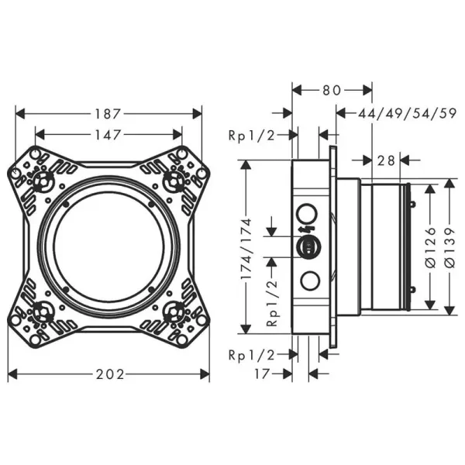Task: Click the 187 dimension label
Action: click(109, 113)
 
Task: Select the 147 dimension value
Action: click(109, 135)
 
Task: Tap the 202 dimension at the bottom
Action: click(109, 374)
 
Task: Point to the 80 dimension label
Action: click(332, 90)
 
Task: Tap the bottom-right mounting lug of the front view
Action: click(180, 315)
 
